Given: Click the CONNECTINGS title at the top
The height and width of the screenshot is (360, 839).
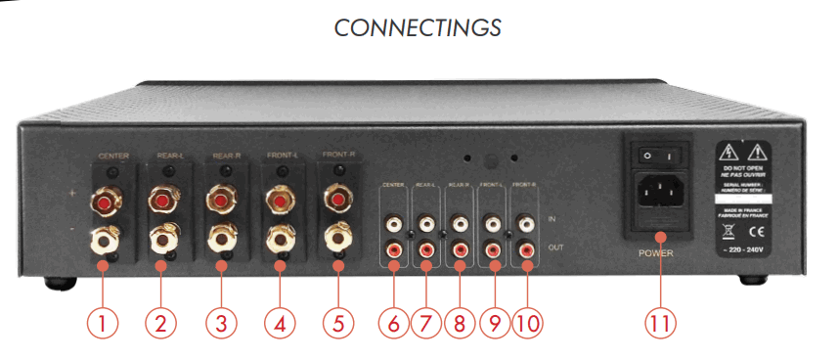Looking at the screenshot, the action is pos(418,27).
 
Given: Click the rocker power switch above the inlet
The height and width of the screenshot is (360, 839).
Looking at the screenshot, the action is pos(657,156).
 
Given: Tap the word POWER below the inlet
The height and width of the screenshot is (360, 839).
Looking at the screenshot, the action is pos(657,251).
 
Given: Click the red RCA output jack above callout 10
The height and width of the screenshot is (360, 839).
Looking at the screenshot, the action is pos(526,249).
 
